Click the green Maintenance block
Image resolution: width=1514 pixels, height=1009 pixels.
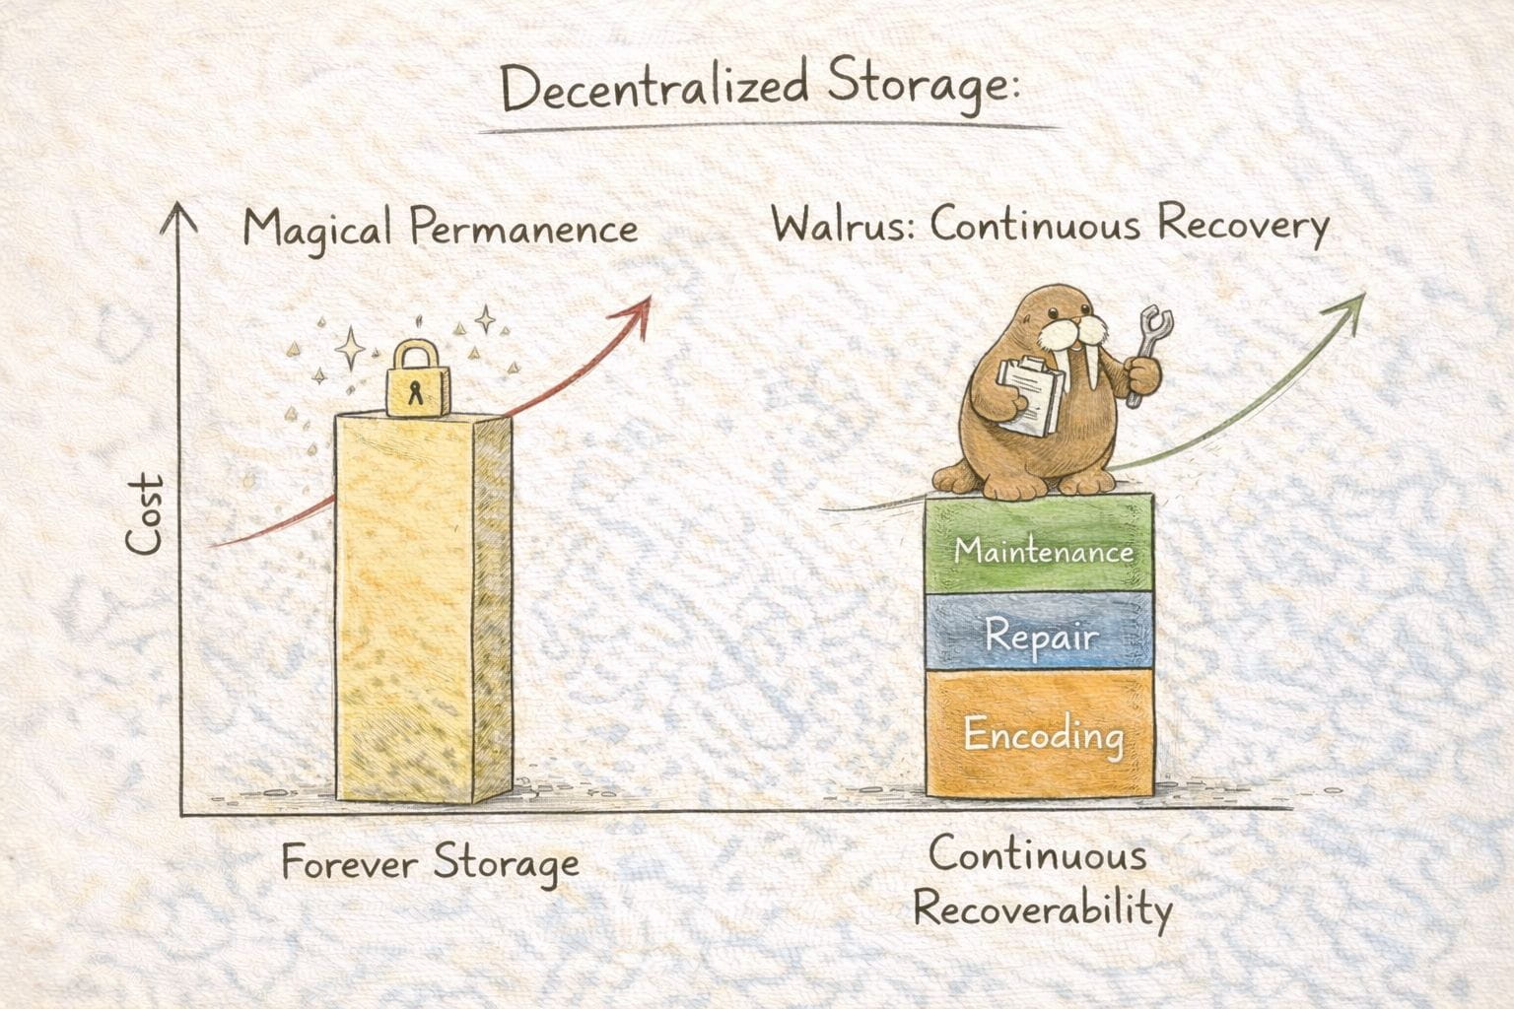[x=1042, y=547]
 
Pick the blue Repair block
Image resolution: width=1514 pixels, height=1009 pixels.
[x=1041, y=636]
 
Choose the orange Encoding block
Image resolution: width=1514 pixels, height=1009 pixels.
[x=1041, y=735]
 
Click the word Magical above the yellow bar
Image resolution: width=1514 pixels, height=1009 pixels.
[x=317, y=229]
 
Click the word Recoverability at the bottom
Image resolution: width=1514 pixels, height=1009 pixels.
[x=1043, y=908]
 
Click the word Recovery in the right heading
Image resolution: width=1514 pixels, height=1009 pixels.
[x=1242, y=227]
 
